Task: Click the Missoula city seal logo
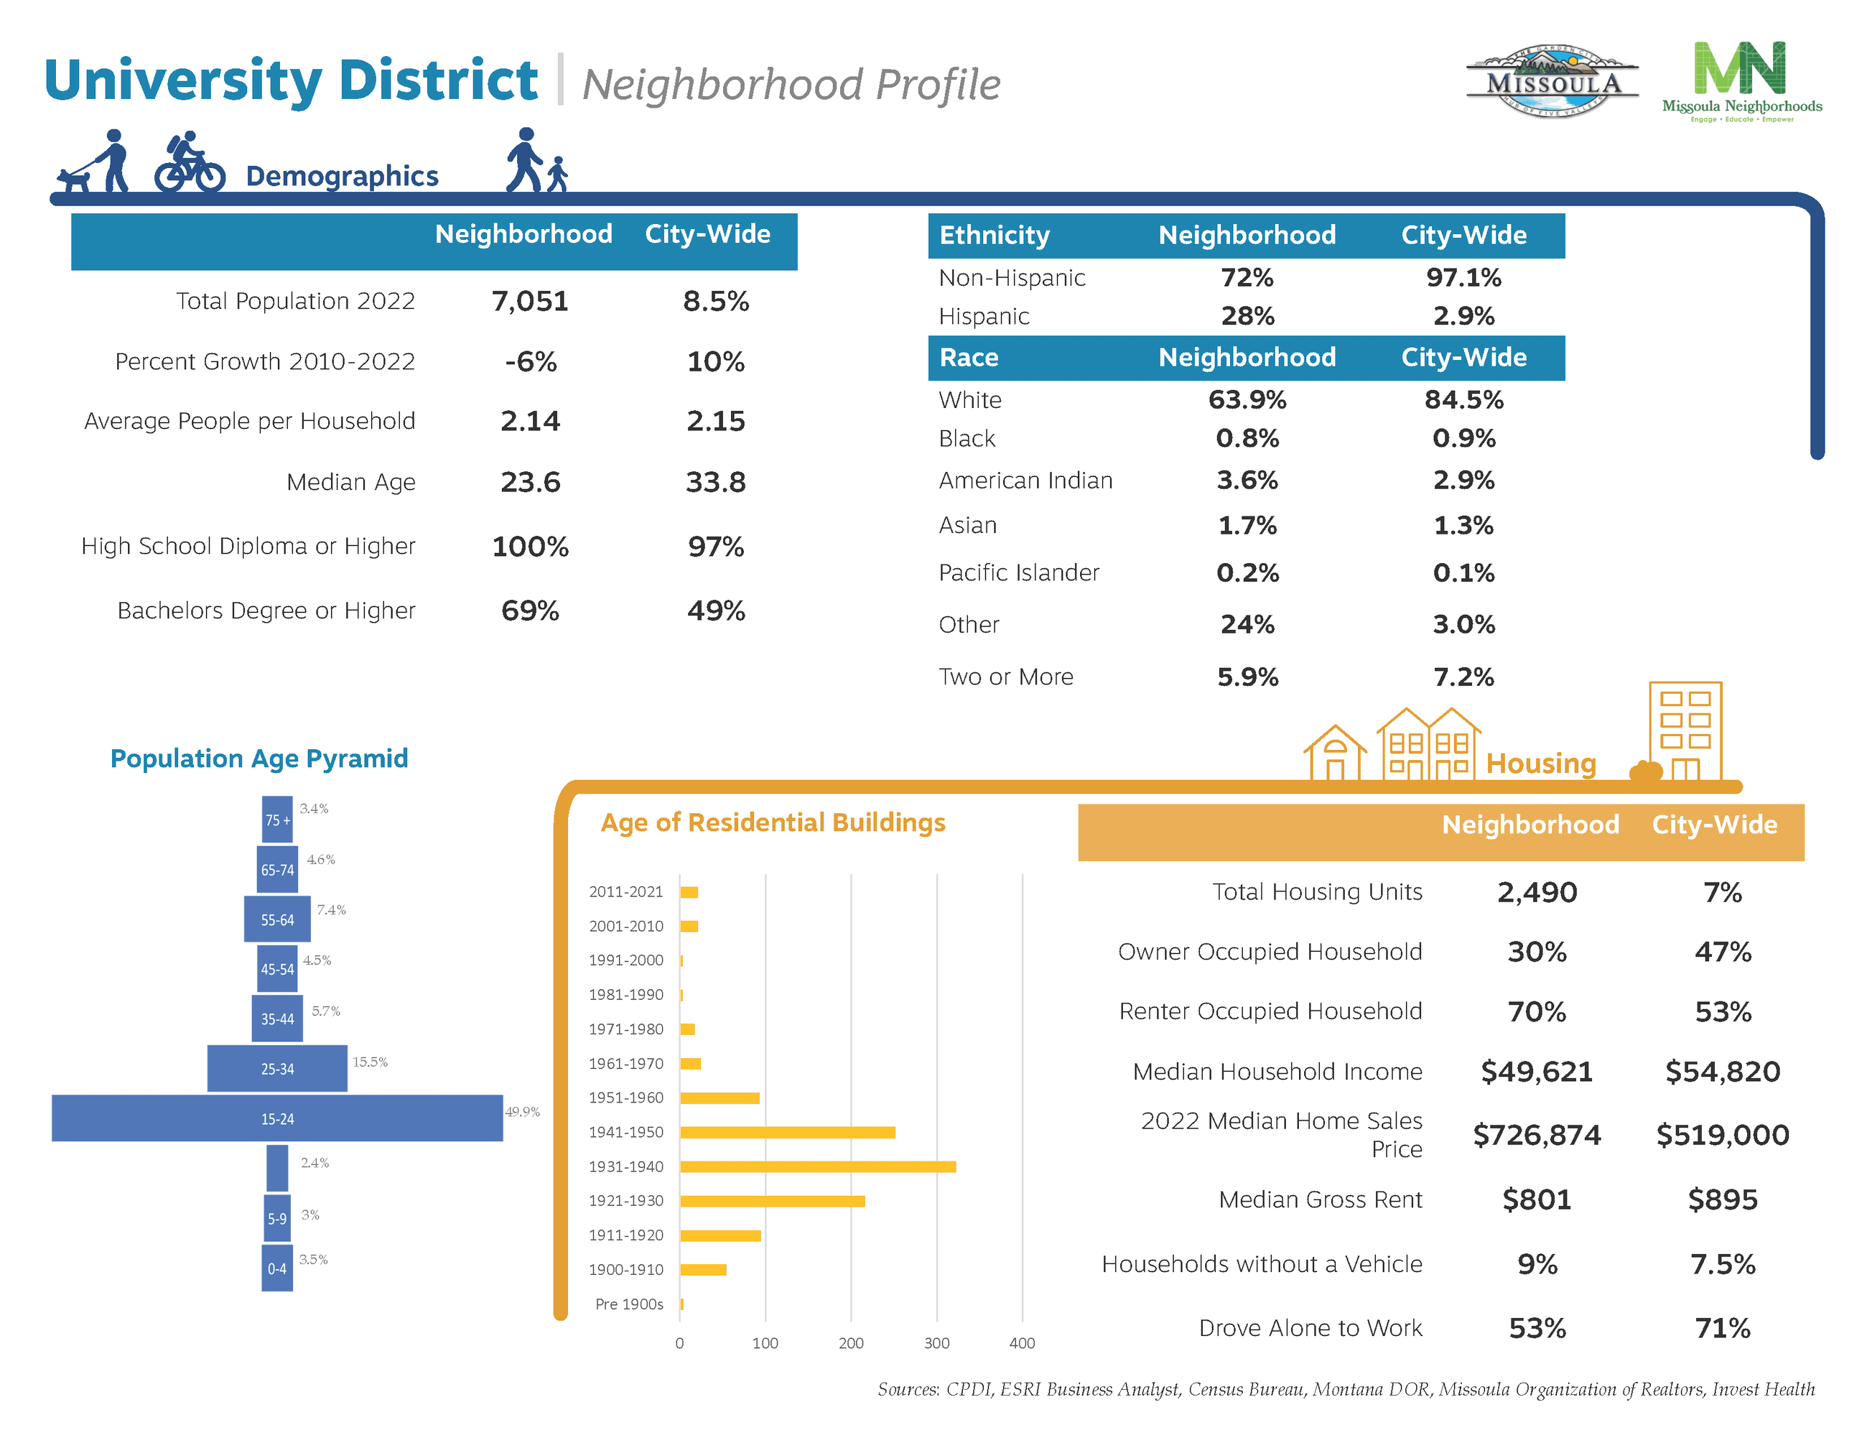pyautogui.click(x=1552, y=81)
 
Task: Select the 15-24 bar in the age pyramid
pyautogui.click(x=277, y=1118)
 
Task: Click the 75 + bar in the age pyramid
pyautogui.click(x=277, y=819)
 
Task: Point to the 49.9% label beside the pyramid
pyautogui.click(x=522, y=1111)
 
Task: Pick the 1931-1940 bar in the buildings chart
pyautogui.click(x=817, y=1166)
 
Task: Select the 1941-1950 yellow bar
pyautogui.click(x=787, y=1132)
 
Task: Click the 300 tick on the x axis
pyautogui.click(x=936, y=1343)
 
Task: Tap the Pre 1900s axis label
pyautogui.click(x=628, y=1304)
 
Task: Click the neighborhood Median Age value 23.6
pyautogui.click(x=530, y=482)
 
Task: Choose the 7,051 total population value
pyautogui.click(x=529, y=301)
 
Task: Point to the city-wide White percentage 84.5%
pyautogui.click(x=1463, y=399)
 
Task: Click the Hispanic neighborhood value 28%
pyautogui.click(x=1247, y=316)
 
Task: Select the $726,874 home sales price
pyautogui.click(x=1536, y=1134)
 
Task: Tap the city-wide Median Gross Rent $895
pyautogui.click(x=1722, y=1200)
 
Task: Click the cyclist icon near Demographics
pyautogui.click(x=190, y=162)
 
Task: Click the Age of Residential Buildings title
pyautogui.click(x=773, y=822)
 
